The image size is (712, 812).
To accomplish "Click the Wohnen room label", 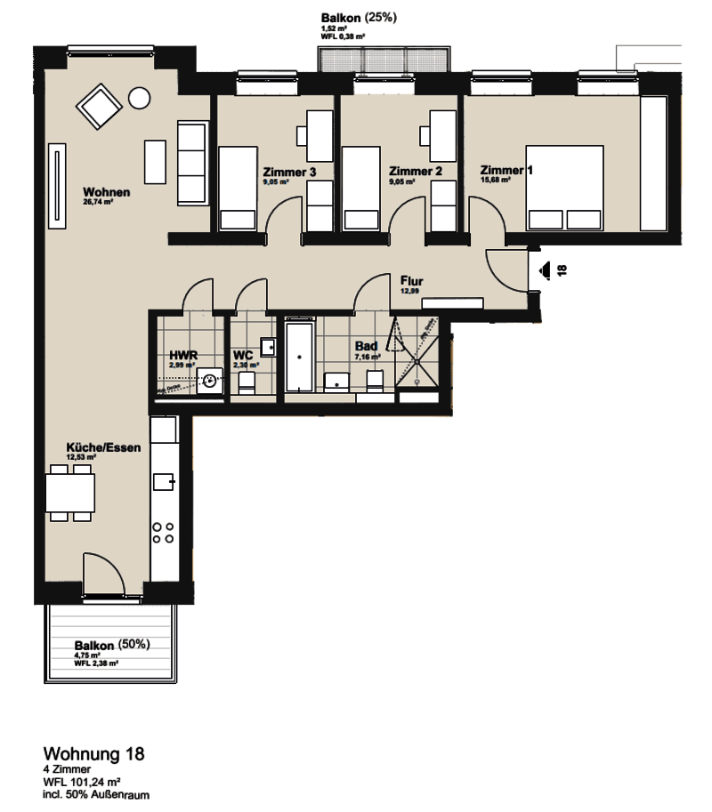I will tap(107, 192).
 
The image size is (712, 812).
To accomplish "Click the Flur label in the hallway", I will tap(411, 282).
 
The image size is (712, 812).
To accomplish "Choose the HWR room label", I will tap(182, 356).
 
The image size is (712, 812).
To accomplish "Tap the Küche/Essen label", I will tap(103, 448).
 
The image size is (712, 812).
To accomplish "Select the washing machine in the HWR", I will tap(210, 381).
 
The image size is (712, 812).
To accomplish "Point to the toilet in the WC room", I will tap(247, 383).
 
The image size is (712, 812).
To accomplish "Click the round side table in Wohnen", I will tap(140, 97).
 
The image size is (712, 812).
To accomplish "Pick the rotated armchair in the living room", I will tap(99, 109).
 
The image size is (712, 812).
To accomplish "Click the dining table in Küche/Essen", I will tap(70, 493).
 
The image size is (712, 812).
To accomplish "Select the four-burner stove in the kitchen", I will tap(163, 533).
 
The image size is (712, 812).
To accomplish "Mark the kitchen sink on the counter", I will tap(164, 482).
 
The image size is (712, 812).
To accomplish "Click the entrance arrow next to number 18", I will tap(544, 269).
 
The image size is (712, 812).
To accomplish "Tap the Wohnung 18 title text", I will tap(93, 754).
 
